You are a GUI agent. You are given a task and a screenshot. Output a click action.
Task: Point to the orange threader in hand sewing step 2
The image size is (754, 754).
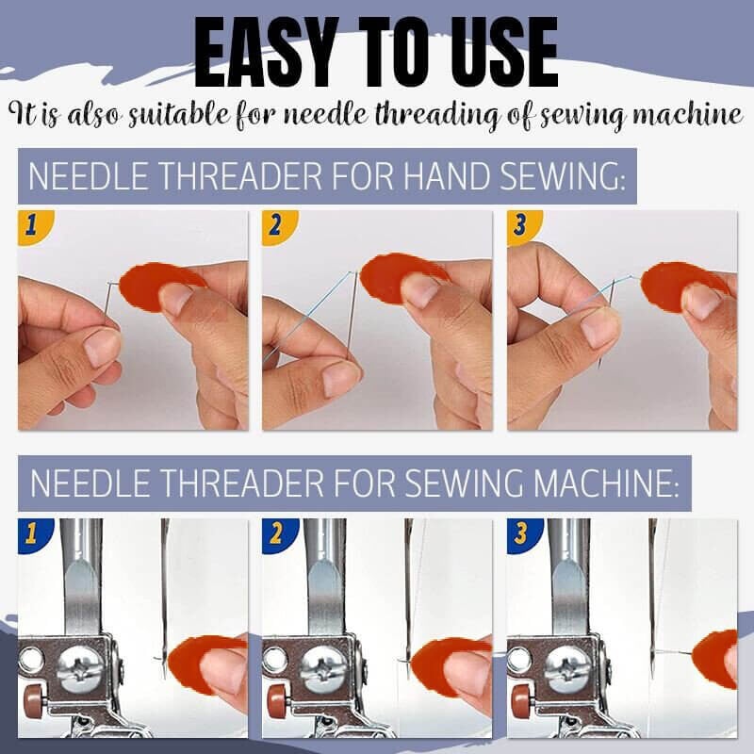(x=401, y=277)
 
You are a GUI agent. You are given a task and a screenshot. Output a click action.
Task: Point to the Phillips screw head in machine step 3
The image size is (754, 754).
(x=565, y=670)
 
